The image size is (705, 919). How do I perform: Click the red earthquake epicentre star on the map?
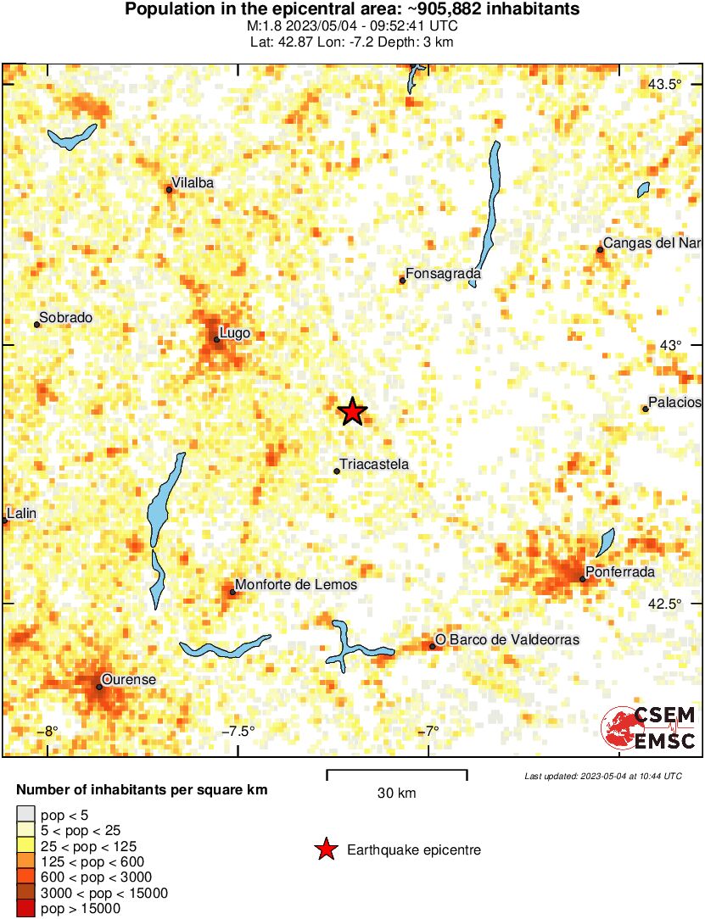tap(352, 412)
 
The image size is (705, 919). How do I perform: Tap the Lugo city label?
tap(235, 333)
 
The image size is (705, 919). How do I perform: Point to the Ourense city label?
tap(128, 679)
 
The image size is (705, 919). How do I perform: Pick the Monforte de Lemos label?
tap(296, 585)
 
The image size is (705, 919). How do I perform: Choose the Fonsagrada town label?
tap(444, 274)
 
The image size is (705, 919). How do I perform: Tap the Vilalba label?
tap(193, 182)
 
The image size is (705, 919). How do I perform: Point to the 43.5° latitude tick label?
tap(665, 84)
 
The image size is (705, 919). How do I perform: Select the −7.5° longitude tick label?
tap(238, 732)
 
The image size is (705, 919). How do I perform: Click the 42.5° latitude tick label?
tap(665, 604)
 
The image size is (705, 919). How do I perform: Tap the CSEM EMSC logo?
tap(648, 727)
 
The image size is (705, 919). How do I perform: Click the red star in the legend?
tap(325, 849)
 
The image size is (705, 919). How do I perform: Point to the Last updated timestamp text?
tap(603, 776)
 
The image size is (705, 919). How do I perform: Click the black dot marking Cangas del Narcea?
tap(600, 249)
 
